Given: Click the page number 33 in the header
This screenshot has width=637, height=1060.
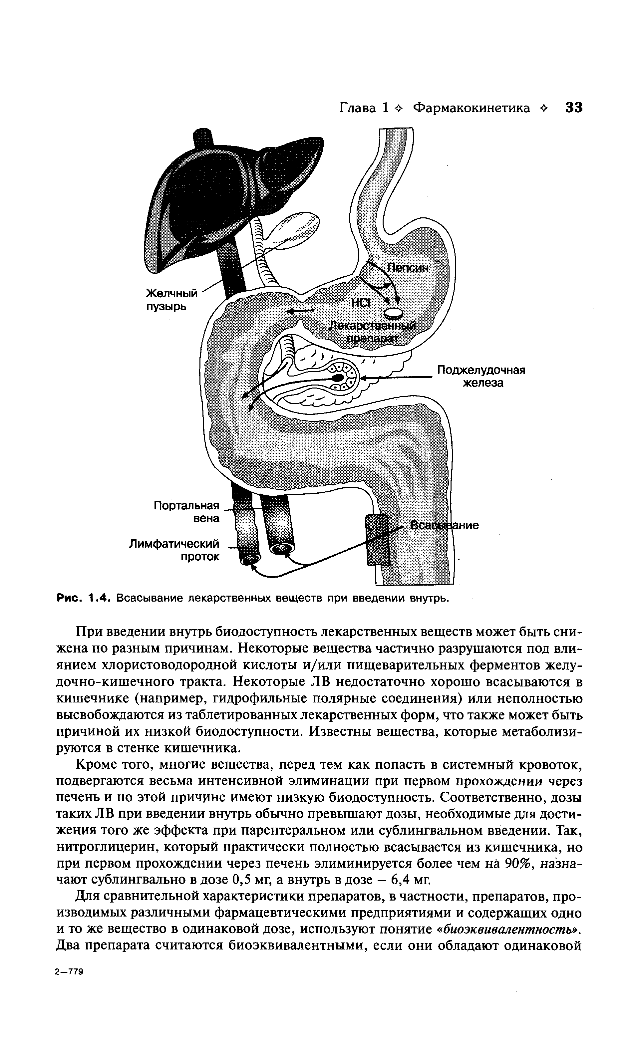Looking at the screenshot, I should click(x=574, y=107).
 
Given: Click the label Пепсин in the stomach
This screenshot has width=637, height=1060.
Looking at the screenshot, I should click(x=408, y=268).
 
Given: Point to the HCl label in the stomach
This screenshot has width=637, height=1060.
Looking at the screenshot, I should click(x=360, y=303).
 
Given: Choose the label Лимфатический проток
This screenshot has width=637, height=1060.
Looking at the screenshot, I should click(x=174, y=550).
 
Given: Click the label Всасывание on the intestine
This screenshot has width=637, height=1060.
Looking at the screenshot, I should click(x=444, y=525).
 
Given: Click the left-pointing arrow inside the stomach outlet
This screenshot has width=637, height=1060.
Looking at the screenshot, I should click(x=300, y=311).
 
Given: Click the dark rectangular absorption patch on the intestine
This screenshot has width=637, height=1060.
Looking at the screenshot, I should click(x=377, y=540).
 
